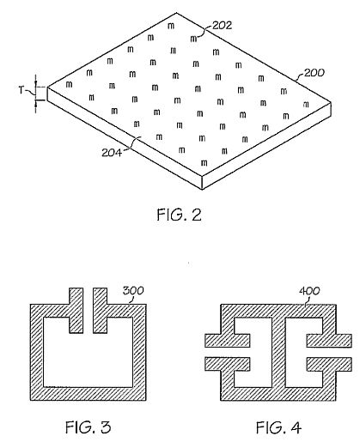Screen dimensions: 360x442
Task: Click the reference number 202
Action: point(222,26)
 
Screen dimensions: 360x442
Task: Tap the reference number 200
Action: point(314,73)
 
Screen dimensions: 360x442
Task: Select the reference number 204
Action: point(112,153)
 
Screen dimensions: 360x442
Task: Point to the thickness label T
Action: point(21,90)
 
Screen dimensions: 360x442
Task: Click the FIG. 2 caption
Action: point(180,215)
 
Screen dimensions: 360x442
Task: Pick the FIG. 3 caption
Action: point(88,427)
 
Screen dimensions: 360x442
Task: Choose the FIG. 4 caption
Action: point(278,427)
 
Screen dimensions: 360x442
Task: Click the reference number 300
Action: point(133,291)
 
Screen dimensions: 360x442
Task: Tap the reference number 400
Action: point(309,291)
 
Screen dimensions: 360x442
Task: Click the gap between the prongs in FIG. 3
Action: point(88,311)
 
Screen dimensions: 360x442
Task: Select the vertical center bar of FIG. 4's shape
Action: point(278,352)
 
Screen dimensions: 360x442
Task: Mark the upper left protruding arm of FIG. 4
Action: point(228,341)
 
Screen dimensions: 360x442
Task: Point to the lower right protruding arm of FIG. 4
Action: point(329,364)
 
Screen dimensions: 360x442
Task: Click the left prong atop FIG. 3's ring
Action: point(76,311)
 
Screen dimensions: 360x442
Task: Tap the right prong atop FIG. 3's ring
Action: point(101,311)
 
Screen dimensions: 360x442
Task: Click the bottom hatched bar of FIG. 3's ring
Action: point(88,394)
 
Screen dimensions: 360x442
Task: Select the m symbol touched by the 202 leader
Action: point(194,39)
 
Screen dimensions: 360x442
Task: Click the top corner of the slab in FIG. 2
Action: point(176,13)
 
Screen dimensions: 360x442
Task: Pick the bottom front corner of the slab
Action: point(203,189)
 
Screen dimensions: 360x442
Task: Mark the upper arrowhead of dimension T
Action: point(36,84)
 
